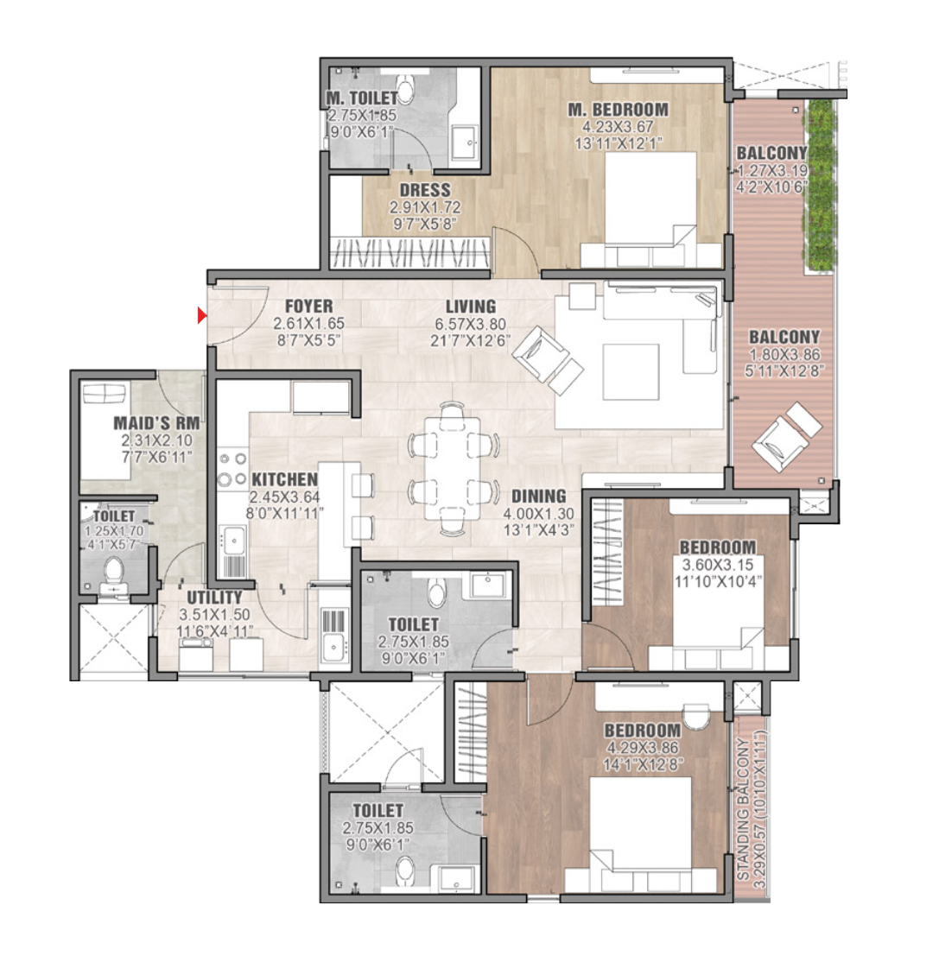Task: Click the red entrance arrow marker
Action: (x=202, y=315)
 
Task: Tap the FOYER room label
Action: (x=308, y=307)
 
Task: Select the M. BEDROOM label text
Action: (x=618, y=110)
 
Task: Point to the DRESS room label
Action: (x=425, y=190)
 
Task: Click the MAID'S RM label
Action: (x=156, y=423)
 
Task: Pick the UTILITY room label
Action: (x=214, y=598)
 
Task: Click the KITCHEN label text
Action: (x=285, y=480)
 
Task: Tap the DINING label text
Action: (x=538, y=497)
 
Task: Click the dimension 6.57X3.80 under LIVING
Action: (x=470, y=324)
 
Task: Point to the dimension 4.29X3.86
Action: (x=642, y=748)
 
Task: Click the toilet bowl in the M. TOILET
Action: (x=406, y=90)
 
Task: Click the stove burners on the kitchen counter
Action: (x=232, y=469)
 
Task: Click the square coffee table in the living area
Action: (x=631, y=372)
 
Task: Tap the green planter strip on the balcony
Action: (x=820, y=186)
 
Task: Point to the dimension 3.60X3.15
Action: (x=718, y=565)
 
